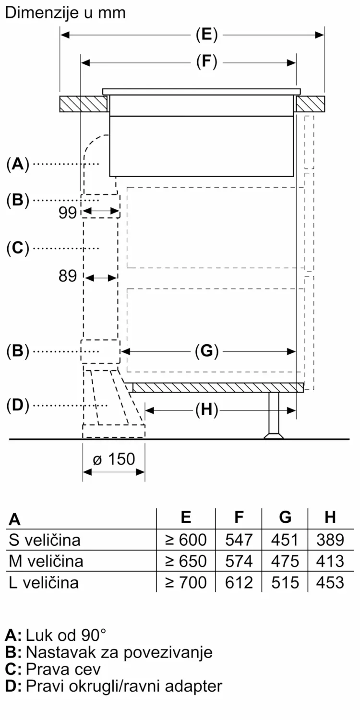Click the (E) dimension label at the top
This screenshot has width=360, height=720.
(x=207, y=35)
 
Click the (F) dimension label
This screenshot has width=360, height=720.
(x=207, y=62)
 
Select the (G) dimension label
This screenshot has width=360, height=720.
(x=207, y=351)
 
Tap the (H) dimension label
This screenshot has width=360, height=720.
(x=207, y=410)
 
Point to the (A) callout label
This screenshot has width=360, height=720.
(x=18, y=164)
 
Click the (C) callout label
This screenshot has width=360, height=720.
(x=18, y=248)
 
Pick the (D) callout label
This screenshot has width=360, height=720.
(x=18, y=405)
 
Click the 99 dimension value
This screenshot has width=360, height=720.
(x=68, y=213)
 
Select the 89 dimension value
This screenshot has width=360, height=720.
(x=68, y=276)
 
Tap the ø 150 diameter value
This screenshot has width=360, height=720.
(x=114, y=459)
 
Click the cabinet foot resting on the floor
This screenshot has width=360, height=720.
(x=274, y=415)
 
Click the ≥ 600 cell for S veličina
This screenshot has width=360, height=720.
(x=186, y=540)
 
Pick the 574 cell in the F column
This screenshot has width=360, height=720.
(x=239, y=561)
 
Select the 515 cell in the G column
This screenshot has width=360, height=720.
(x=285, y=583)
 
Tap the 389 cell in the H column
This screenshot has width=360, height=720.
(x=330, y=540)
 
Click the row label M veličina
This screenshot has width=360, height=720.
(x=46, y=561)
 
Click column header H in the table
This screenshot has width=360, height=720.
(x=330, y=517)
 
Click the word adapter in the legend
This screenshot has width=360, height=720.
(x=193, y=686)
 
